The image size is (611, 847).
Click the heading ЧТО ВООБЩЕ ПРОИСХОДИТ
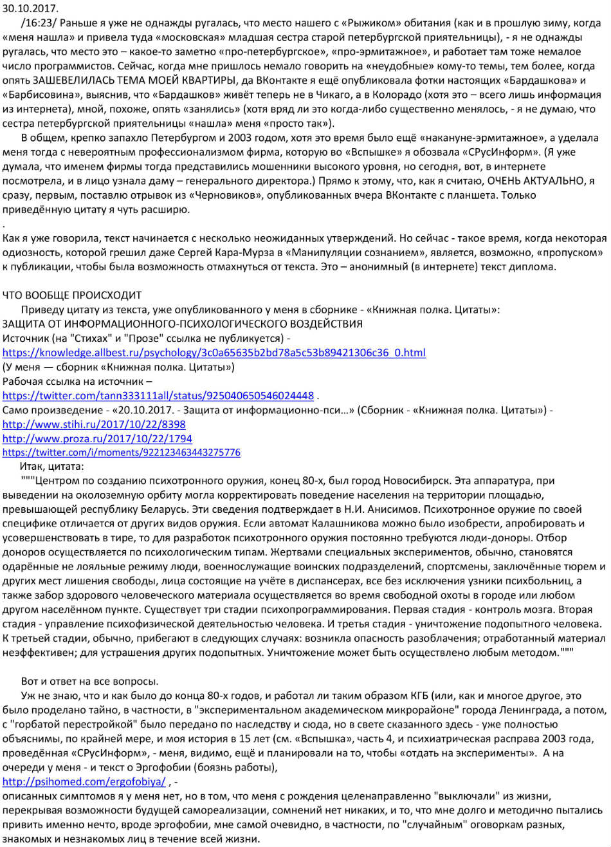click(72, 295)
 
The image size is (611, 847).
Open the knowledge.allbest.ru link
click(214, 353)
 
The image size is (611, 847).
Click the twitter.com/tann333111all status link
click(158, 395)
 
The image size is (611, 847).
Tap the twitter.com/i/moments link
click(122, 452)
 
